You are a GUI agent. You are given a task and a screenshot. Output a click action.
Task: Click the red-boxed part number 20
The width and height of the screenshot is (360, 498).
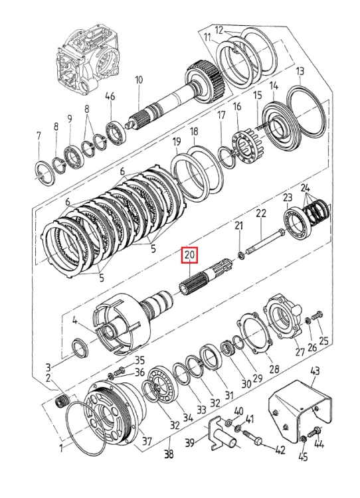coord(189,255)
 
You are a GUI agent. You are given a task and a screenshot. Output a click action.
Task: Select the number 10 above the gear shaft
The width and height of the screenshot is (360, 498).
coord(139,80)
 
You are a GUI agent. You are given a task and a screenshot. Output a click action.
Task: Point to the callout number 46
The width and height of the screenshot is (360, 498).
coord(110,96)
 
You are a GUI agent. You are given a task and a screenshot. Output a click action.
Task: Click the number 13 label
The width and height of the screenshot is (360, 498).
coord(300,71)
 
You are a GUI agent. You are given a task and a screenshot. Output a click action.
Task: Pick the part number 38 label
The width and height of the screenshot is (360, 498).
coord(169,454)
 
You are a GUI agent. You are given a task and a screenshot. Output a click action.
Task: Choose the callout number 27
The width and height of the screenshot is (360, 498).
coord(300,351)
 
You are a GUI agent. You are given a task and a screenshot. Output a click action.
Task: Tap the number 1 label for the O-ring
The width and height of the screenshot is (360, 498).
coord(62,448)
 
